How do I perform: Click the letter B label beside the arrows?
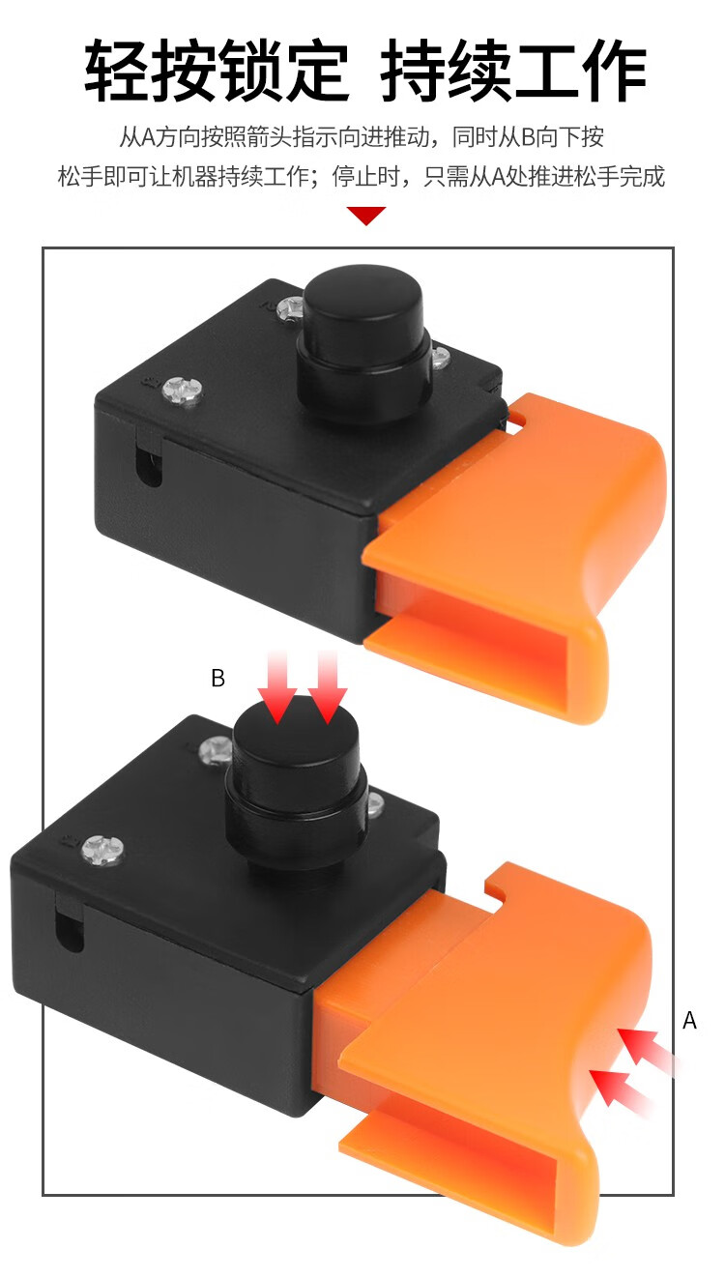click(217, 678)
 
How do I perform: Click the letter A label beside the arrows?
click(689, 1020)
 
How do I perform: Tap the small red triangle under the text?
click(366, 216)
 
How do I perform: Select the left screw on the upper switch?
click(183, 392)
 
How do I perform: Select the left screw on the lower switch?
click(102, 850)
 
